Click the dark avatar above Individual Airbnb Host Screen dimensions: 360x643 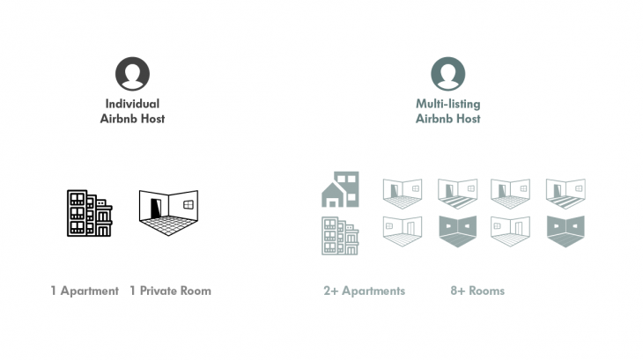tap(132, 74)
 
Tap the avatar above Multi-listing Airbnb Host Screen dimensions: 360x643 tap(448, 74)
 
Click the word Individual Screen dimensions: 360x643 tap(132, 104)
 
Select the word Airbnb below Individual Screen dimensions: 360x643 tap(119, 119)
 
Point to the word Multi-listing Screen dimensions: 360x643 tap(448, 104)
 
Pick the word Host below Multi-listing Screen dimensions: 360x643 tap(468, 119)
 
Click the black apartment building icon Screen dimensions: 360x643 tap(90, 213)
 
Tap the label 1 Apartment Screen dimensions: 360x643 tap(85, 290)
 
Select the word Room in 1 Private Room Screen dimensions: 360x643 tap(196, 290)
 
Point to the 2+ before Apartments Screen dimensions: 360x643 tap(331, 290)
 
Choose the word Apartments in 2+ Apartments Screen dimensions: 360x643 tap(373, 290)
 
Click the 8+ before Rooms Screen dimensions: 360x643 tap(457, 290)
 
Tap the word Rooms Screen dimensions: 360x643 tap(486, 290)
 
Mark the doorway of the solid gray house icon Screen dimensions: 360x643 tap(333, 201)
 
